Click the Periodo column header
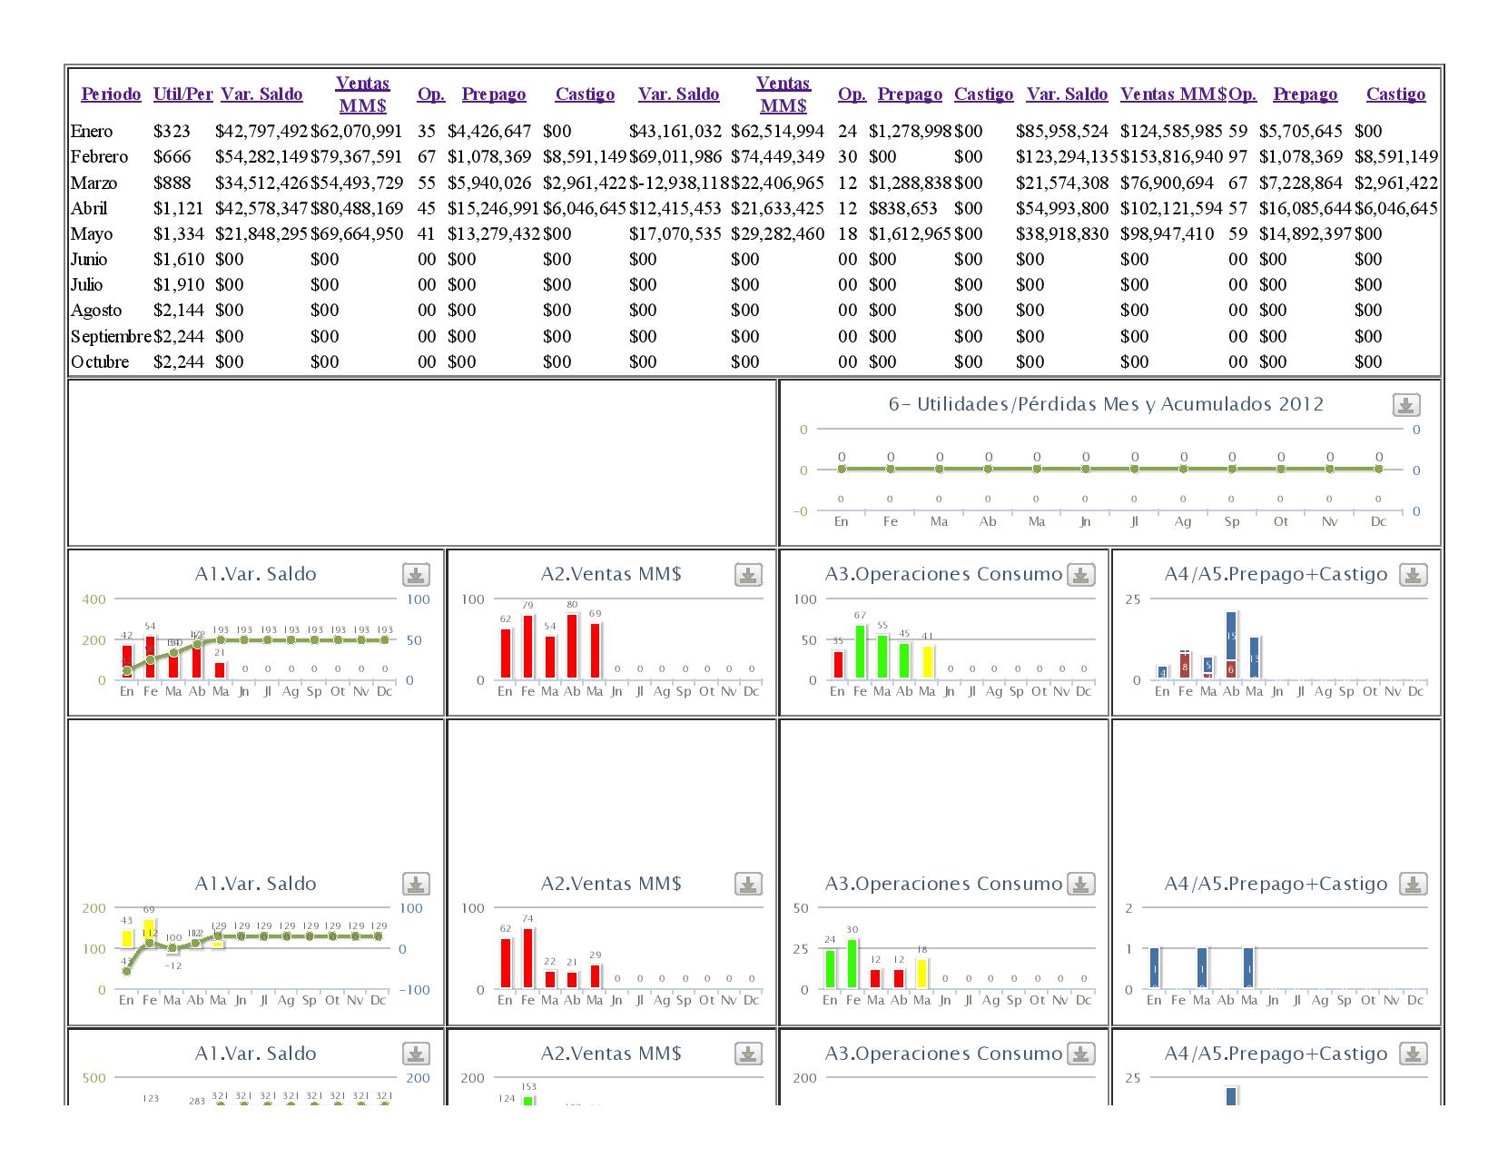pos(111,94)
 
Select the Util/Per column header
pos(183,94)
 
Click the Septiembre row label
pos(111,337)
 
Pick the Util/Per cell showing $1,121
pos(179,209)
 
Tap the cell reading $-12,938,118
pos(679,183)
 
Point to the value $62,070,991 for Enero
pos(357,132)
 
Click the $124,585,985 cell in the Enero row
pos(1171,132)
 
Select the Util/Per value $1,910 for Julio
pos(179,285)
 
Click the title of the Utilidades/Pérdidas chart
pos(1106,404)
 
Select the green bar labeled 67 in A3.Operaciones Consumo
pos(860,651)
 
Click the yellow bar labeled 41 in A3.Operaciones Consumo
pos(927,662)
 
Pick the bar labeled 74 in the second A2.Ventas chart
pos(527,958)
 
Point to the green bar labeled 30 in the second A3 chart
pos(852,964)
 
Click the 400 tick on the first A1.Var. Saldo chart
pos(94,599)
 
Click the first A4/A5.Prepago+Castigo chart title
pos(1276,574)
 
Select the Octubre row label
pos(100,362)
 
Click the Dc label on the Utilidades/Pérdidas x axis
pos(1378,521)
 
